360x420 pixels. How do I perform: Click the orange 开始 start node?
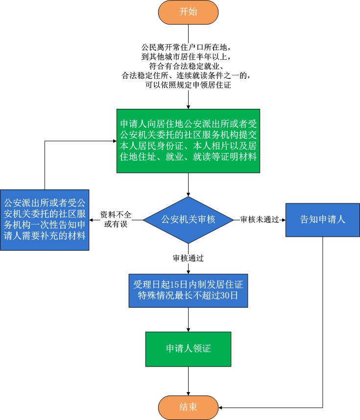pyautogui.click(x=189, y=13)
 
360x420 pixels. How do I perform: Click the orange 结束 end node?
pyautogui.click(x=189, y=407)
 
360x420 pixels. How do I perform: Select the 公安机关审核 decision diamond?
pyautogui.click(x=189, y=220)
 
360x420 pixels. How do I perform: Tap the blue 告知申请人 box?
pyautogui.click(x=322, y=220)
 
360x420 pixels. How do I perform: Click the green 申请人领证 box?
pyautogui.click(x=189, y=348)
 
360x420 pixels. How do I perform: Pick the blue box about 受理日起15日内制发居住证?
pyautogui.click(x=189, y=291)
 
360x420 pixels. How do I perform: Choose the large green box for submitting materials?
pyautogui.click(x=189, y=141)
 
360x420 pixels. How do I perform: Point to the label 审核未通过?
pyautogui.click(x=259, y=220)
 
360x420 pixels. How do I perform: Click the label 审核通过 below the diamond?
pyautogui.click(x=188, y=258)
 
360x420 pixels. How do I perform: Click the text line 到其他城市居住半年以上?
pyautogui.click(x=189, y=57)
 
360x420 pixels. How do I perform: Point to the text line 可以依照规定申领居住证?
pyautogui.click(x=189, y=84)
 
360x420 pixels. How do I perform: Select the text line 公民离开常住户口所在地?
pyautogui.click(x=189, y=48)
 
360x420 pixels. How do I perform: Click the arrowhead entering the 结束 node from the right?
pyautogui.click(x=221, y=407)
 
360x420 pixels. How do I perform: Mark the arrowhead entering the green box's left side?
pyautogui.click(x=114, y=142)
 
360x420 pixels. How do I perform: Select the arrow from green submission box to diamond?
pyautogui.click(x=189, y=184)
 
